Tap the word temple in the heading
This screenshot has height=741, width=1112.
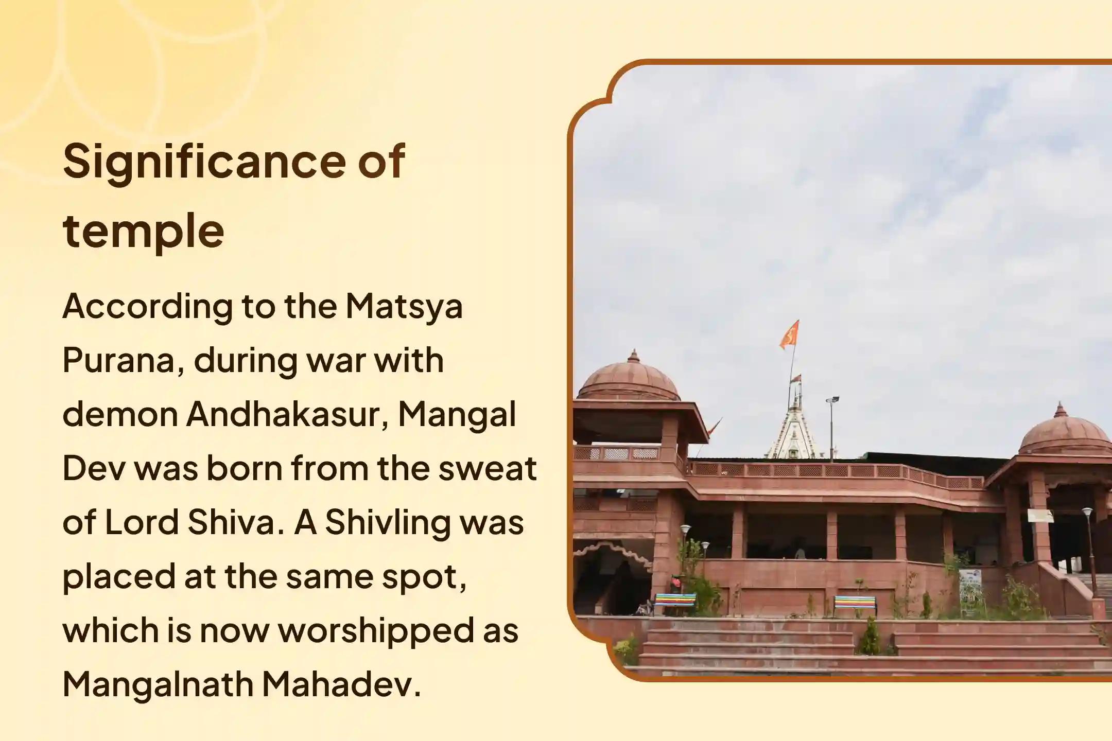point(144,231)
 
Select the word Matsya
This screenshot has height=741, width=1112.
point(404,307)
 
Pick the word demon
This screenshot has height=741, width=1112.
point(120,415)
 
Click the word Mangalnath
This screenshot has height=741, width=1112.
point(158,685)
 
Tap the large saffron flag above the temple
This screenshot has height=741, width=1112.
point(789,333)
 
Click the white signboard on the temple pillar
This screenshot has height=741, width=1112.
point(1040,515)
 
